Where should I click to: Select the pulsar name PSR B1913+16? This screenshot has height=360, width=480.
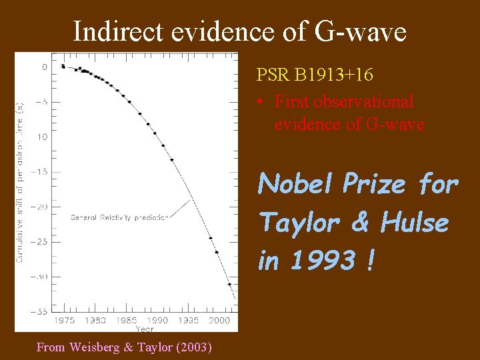(315, 74)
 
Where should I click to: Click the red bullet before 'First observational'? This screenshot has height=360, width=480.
(261, 102)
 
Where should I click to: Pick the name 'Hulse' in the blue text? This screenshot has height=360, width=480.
(414, 222)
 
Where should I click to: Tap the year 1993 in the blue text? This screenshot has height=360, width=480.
(323, 261)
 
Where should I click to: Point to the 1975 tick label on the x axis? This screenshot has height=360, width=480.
(64, 321)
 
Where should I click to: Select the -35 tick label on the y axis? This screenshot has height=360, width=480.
(40, 311)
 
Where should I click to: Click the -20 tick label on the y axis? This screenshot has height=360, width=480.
(40, 207)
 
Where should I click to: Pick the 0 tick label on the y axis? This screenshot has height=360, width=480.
(45, 67)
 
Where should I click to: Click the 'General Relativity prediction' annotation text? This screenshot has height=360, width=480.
(119, 217)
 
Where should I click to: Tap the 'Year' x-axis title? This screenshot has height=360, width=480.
(145, 328)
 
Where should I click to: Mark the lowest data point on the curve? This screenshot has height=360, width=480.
(231, 285)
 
